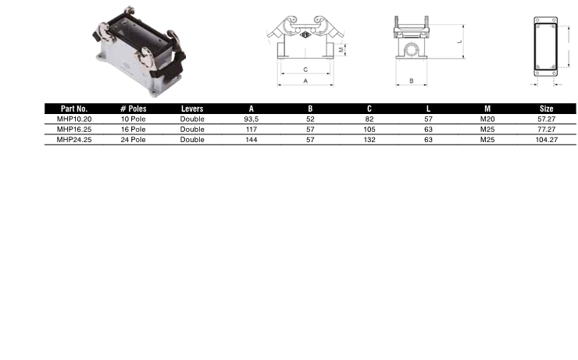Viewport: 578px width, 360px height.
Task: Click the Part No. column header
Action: coord(74,109)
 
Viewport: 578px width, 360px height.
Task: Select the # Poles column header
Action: coord(133,109)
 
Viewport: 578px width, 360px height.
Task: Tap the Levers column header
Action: coord(192,109)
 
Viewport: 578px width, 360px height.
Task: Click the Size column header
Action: coord(546,109)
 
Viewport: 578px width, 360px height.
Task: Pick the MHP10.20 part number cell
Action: coord(74,119)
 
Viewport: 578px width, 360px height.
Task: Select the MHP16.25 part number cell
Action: coord(74,130)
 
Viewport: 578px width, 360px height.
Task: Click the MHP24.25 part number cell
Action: coord(74,140)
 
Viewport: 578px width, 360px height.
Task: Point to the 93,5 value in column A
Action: coord(252,119)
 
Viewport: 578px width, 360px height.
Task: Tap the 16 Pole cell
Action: coord(133,130)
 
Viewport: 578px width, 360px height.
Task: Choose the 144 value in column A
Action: coord(252,140)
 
